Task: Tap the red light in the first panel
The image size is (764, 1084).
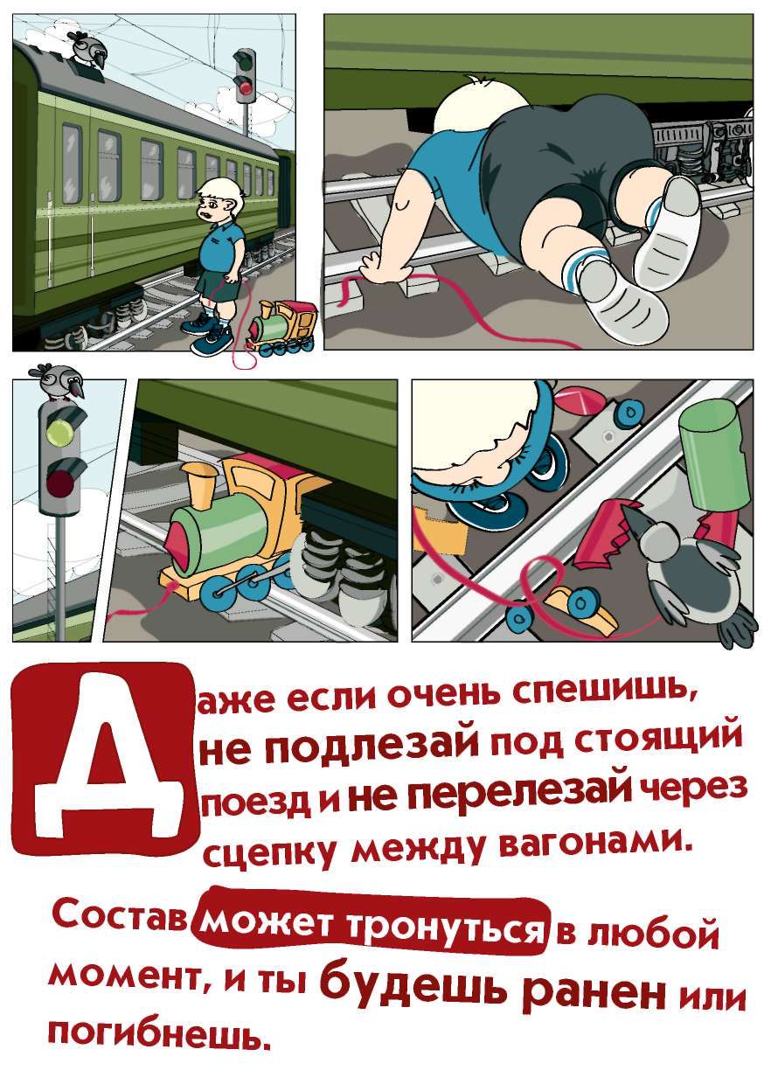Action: tap(246, 87)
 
